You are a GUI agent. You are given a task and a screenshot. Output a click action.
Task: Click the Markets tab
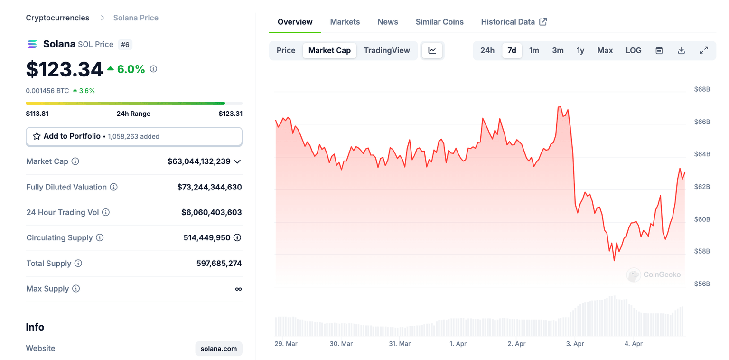pos(345,22)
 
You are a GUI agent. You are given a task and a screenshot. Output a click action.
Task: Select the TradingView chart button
pos(387,50)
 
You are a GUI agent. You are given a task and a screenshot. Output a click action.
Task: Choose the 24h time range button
pos(487,50)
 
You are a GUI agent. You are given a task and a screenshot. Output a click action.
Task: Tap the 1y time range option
pos(580,50)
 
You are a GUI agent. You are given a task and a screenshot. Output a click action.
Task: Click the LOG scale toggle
pos(634,50)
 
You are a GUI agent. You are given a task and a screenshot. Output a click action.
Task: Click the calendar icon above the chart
pos(659,50)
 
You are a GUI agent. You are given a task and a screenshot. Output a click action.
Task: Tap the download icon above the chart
pos(682,50)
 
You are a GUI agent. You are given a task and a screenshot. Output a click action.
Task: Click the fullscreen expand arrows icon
pos(704,50)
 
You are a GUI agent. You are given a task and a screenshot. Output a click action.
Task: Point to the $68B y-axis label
pos(702,89)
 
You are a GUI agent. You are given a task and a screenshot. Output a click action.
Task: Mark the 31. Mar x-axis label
pos(399,344)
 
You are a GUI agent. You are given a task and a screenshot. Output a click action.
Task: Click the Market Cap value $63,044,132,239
pos(199,161)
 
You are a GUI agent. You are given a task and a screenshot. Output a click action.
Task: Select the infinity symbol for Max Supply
pos(238,289)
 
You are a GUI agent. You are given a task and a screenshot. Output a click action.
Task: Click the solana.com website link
pos(219,349)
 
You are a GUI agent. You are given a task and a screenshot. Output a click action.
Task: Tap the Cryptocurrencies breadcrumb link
pos(57,18)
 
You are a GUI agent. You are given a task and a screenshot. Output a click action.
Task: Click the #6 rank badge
pos(125,45)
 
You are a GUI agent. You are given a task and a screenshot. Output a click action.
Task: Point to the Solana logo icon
pos(32,45)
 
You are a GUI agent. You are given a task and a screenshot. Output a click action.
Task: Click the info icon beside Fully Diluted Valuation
pos(114,187)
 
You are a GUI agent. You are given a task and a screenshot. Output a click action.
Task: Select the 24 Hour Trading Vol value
pos(212,212)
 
